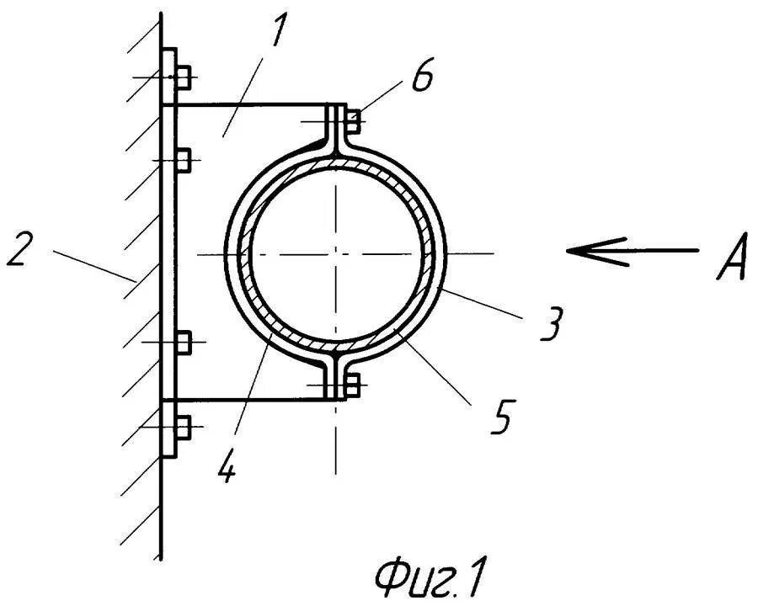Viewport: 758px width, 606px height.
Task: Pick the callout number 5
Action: (x=503, y=418)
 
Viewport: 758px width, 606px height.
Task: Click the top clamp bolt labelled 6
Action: (x=352, y=120)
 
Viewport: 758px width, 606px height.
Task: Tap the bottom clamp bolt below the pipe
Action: (x=352, y=385)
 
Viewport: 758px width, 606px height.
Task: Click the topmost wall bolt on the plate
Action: (x=184, y=77)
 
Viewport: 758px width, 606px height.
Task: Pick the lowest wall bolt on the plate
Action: (x=184, y=428)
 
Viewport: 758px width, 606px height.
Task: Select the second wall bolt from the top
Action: (x=184, y=158)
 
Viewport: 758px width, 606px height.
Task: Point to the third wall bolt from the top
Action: (x=184, y=343)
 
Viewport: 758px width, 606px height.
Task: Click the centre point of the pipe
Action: (x=336, y=253)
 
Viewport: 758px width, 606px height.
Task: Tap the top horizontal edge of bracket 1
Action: (x=253, y=105)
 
